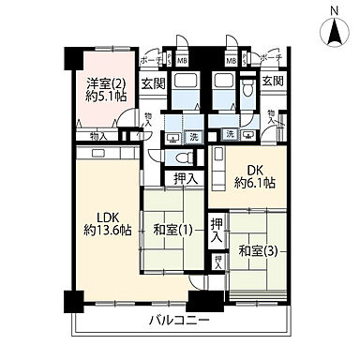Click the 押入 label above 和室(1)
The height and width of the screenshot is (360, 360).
185,179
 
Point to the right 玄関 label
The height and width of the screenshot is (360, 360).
273,83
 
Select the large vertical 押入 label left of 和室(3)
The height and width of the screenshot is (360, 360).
217,231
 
